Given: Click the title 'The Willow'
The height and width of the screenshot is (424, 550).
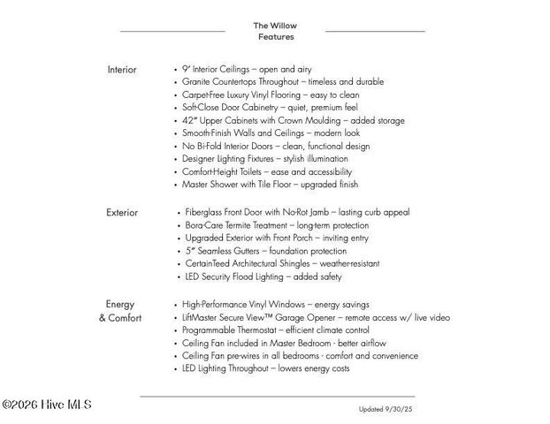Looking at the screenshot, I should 275,25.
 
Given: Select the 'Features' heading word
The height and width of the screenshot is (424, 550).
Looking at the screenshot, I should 276,37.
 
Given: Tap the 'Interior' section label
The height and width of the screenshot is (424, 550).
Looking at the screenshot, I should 122,69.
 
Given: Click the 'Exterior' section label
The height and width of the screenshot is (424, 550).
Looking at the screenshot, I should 122,212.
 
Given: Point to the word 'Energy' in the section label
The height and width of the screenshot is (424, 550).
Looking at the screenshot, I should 120,305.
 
